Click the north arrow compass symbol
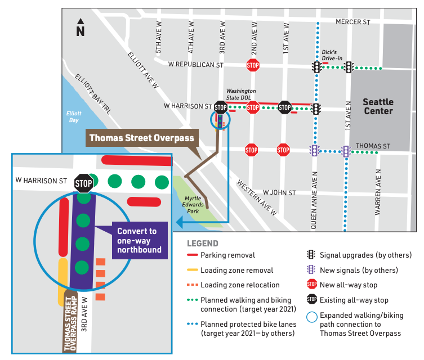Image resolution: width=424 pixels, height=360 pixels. tap(80, 28)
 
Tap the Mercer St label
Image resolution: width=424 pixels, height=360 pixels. tap(352, 22)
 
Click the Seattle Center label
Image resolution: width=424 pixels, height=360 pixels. tap(377, 106)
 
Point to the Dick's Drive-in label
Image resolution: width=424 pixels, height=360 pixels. tap(332, 55)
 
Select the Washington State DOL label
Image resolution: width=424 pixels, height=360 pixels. tap(241, 94)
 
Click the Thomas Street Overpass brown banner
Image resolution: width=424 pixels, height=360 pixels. tap(141, 138)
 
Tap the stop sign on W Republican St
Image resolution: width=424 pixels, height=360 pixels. tap(253, 65)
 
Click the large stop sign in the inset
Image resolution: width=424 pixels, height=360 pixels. tap(84, 182)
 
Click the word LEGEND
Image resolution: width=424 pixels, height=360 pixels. tap(203, 244)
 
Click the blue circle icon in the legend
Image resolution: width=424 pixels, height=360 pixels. tap(312, 316)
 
